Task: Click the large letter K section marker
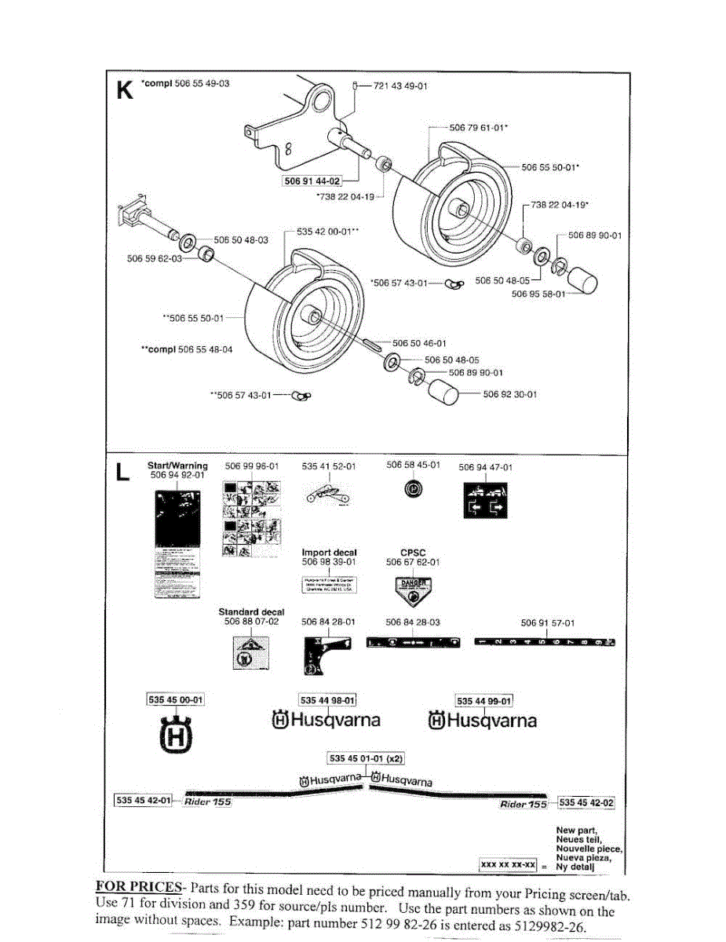(x=123, y=89)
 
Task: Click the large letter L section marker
(x=122, y=473)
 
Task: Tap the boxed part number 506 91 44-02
(x=312, y=182)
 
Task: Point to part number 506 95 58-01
(x=538, y=294)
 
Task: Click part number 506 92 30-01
(x=510, y=395)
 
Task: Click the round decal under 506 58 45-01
(x=414, y=490)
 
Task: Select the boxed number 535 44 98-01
(x=328, y=700)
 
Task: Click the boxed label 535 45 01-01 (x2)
(x=366, y=758)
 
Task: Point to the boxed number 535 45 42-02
(x=586, y=802)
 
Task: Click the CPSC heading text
(x=413, y=553)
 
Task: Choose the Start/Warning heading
(x=177, y=466)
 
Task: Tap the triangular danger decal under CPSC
(x=413, y=588)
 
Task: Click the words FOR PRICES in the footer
(x=128, y=886)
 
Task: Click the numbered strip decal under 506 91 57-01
(x=545, y=643)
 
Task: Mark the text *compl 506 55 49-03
(x=185, y=83)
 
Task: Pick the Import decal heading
(x=329, y=553)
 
